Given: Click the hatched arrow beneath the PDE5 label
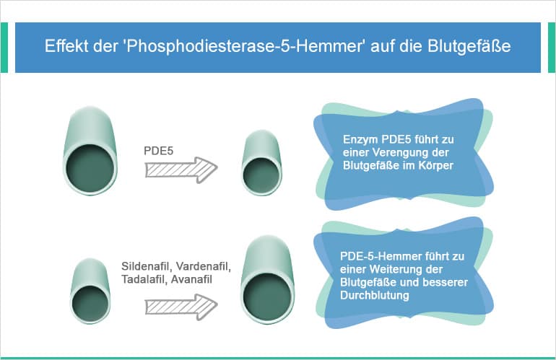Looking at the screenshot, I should (x=181, y=171).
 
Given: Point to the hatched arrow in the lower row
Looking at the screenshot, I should (x=181, y=305).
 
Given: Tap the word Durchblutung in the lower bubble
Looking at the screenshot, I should (x=376, y=296).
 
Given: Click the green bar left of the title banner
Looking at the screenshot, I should (x=5, y=48).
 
